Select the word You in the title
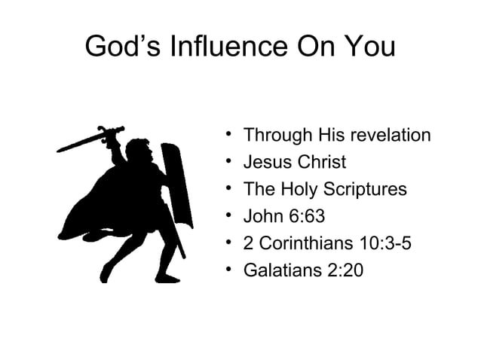[369, 47]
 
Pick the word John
[261, 216]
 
